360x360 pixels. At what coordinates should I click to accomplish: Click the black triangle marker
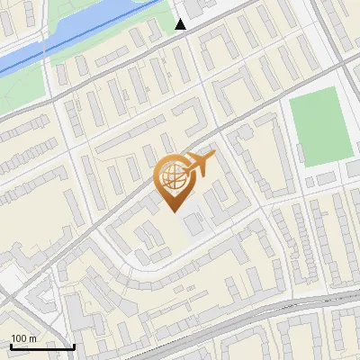pos(181,24)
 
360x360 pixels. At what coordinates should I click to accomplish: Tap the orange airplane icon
pos(200,164)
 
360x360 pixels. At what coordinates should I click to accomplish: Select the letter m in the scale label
pos(32,338)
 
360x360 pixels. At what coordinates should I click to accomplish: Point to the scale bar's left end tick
pos(11,345)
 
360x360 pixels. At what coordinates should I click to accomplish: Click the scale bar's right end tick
pos(74,345)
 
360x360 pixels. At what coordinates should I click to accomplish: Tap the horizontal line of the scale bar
pos(42,346)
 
